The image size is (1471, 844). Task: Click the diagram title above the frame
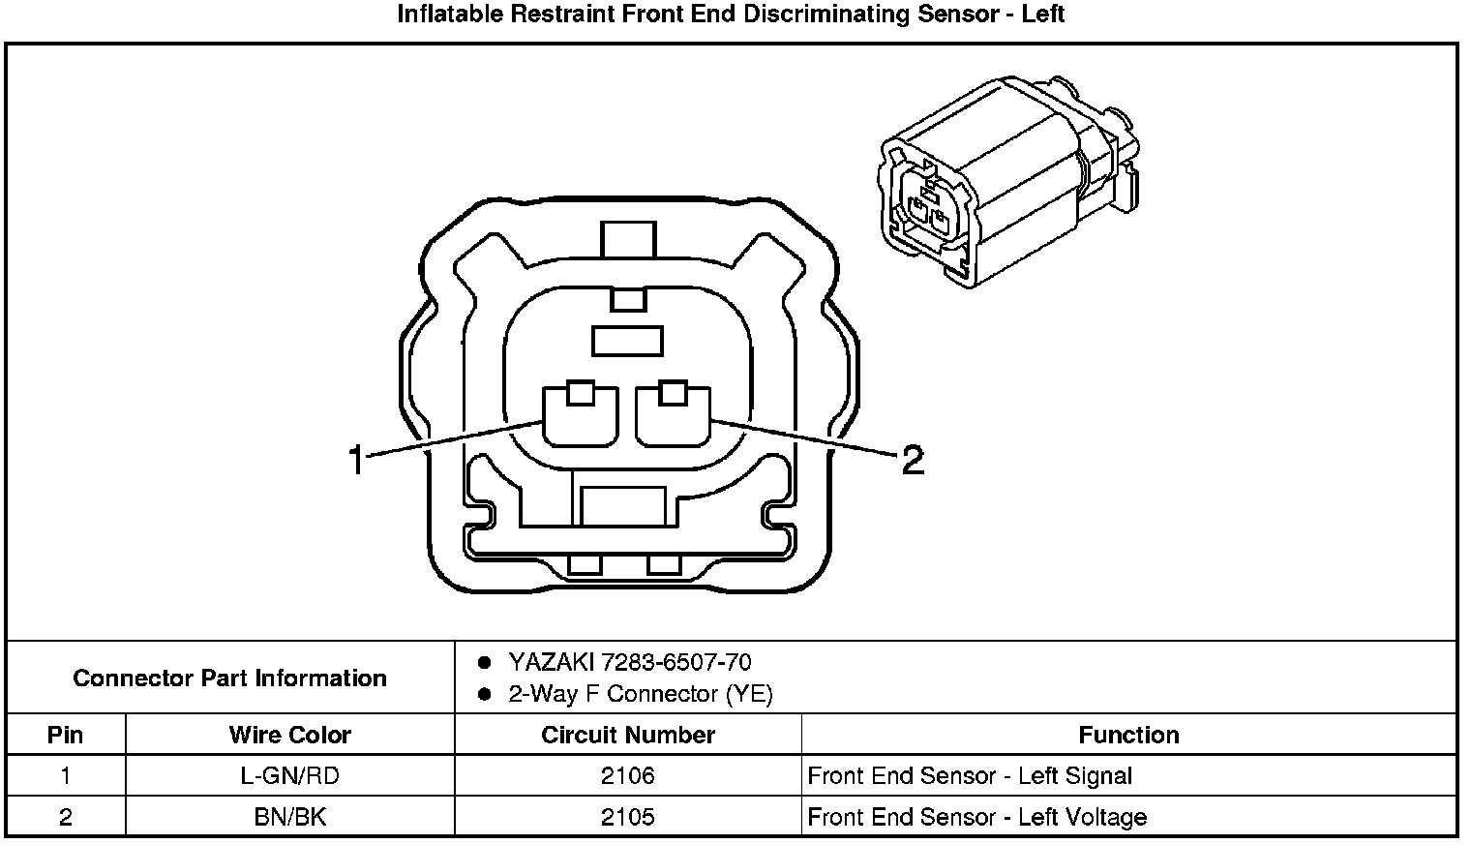coord(731,15)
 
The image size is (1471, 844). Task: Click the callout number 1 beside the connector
coord(356,460)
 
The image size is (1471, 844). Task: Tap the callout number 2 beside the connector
coord(912,460)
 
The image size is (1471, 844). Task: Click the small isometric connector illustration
coord(1006,184)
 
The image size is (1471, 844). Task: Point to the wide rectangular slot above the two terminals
coord(627,341)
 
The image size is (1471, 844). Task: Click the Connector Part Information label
coord(230,678)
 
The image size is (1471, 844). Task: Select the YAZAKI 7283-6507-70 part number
coord(629,662)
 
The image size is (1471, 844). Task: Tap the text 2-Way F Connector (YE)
coord(641,694)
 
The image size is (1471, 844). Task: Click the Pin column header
coord(66,735)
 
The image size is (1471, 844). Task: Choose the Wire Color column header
coord(289,735)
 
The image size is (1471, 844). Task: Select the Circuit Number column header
coord(627,735)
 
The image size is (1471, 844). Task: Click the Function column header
coord(1128,735)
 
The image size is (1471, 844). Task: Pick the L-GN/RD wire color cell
coord(289,776)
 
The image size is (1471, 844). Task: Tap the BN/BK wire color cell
coord(289,818)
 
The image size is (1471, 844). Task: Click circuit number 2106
coord(627,776)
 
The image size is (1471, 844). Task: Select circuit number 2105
coord(627,818)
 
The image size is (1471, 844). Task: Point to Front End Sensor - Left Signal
coord(970,776)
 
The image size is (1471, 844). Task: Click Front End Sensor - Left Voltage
coord(976,818)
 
